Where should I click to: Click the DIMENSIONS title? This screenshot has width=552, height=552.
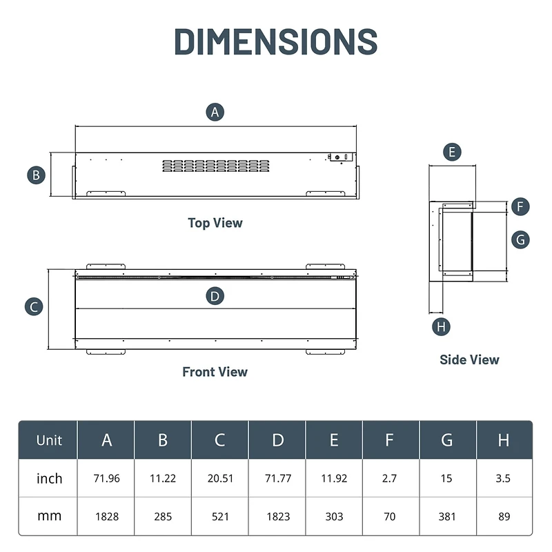coord(275,41)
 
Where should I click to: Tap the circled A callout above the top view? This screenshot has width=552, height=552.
coord(216,112)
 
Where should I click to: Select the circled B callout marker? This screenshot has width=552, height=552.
coord(37,175)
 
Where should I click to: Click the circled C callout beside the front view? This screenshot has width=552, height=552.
coord(34,307)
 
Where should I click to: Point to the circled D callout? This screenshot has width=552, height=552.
coord(215,296)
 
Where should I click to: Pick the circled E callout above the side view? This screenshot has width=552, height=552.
coord(452,152)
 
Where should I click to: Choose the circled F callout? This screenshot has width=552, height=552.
coord(521,206)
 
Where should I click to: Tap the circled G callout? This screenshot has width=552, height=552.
coord(521,239)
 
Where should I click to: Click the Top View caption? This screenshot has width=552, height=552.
coord(215,223)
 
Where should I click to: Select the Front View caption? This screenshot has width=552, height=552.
coord(215,372)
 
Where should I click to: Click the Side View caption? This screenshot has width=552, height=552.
coord(469,359)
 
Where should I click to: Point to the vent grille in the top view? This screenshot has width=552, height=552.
coord(216,166)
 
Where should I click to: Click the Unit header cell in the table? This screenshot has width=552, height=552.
coord(49,440)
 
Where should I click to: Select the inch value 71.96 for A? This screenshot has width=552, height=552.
coord(106,478)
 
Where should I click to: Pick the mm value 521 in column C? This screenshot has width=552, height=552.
coord(220,515)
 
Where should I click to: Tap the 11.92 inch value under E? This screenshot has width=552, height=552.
coord(334,478)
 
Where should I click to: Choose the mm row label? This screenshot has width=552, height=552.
coord(49,515)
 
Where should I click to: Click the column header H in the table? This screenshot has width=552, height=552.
coord(503,440)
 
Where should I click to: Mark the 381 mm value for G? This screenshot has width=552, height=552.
coord(446,515)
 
